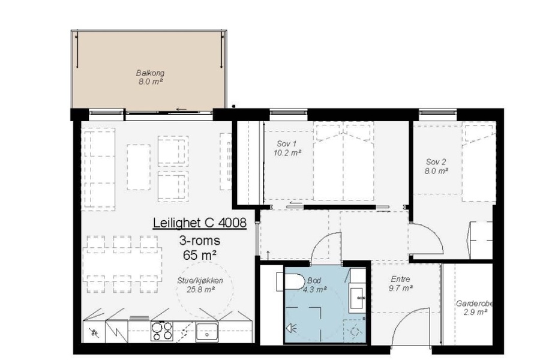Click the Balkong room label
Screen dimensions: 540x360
coord(150,77)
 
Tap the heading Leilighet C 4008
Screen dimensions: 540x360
coord(200,223)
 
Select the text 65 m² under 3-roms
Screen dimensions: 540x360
coord(200,255)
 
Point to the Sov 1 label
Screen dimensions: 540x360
coord(287,148)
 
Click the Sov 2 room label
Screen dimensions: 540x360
coord(436,166)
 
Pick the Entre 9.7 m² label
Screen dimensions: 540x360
coord(401,284)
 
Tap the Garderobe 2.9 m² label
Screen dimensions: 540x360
coord(475,308)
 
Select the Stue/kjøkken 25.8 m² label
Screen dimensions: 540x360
coord(200,285)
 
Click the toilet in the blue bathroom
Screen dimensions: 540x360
coord(290,282)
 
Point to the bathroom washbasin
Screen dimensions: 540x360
coord(357,298)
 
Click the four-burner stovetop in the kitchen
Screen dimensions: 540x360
coord(162,331)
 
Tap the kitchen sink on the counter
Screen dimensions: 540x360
coord(207,332)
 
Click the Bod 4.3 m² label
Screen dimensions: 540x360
coord(314,285)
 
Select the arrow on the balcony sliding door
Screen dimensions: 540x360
coord(181,110)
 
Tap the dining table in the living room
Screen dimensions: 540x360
coord(123,264)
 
